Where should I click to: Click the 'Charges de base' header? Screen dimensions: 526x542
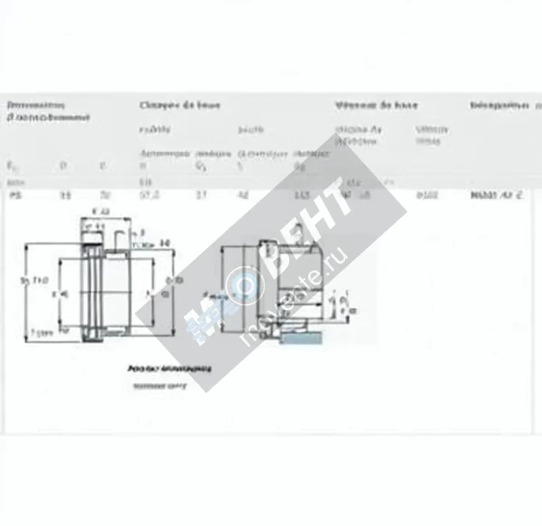(180, 106)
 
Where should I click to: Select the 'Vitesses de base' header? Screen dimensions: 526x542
(376, 106)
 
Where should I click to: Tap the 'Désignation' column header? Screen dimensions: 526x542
(499, 106)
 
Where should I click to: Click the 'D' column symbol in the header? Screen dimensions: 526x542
(63, 166)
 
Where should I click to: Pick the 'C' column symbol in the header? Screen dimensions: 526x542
(103, 166)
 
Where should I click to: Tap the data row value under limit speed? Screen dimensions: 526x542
(427, 196)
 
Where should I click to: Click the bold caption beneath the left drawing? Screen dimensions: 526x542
(170, 369)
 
